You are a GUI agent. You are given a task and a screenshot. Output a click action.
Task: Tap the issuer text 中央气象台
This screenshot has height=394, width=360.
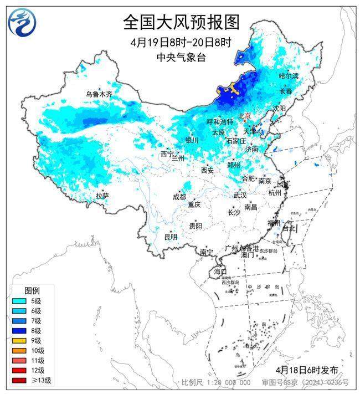[181, 57]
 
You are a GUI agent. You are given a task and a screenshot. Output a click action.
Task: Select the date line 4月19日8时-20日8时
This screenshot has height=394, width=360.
[181, 42]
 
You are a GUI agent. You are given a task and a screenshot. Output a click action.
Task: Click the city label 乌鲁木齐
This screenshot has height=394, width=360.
[99, 95]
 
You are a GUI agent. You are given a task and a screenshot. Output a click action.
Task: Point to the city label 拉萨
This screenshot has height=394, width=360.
[102, 196]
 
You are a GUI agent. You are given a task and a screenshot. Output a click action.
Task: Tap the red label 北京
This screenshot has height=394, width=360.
[244, 116]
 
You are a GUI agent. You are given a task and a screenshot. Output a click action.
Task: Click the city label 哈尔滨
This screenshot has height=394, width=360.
[289, 75]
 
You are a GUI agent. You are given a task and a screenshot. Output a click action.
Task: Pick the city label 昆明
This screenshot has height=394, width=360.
[171, 237]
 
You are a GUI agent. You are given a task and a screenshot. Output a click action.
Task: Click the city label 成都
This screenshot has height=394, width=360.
[179, 196]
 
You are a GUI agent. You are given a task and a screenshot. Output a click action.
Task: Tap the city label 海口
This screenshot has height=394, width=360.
[220, 272]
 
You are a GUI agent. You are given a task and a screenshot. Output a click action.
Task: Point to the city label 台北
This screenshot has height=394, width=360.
[290, 228]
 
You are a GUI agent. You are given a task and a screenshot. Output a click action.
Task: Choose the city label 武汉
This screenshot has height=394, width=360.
[240, 195]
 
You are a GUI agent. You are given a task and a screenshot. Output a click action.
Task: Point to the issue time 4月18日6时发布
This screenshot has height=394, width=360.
[306, 370]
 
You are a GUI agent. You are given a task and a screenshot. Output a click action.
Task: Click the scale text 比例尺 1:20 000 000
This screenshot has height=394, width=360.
[216, 383]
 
